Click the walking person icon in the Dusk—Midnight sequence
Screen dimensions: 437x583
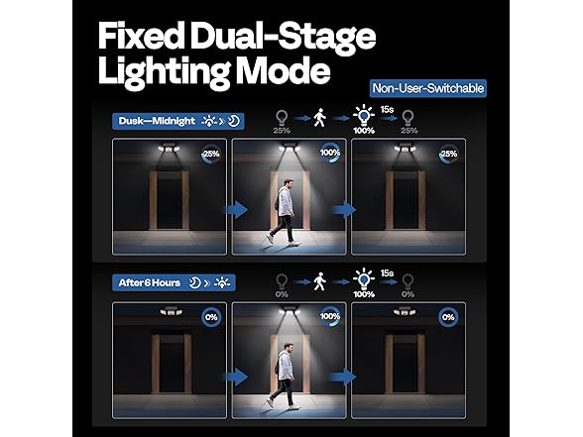[319, 117]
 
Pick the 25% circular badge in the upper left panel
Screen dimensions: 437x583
[211, 155]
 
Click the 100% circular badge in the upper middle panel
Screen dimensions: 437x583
[330, 155]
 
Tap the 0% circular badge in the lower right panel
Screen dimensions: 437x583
[449, 317]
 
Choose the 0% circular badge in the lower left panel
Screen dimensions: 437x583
[211, 317]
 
